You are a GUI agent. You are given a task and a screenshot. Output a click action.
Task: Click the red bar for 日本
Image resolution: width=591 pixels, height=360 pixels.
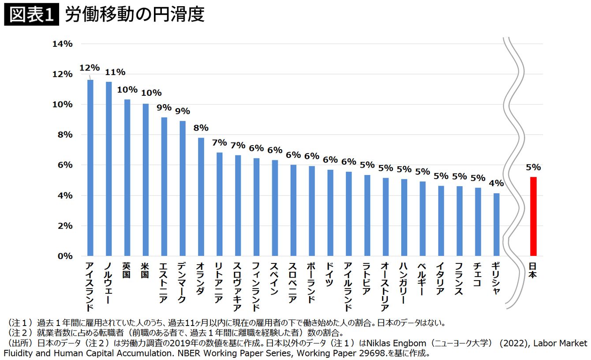pyautogui.click(x=533, y=217)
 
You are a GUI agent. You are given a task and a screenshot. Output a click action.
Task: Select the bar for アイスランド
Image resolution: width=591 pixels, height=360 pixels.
pyautogui.click(x=90, y=168)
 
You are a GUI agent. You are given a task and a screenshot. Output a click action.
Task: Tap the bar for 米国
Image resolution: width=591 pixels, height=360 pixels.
pyautogui.click(x=146, y=180)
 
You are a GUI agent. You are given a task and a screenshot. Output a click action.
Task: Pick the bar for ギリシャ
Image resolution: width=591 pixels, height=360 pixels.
pyautogui.click(x=496, y=225)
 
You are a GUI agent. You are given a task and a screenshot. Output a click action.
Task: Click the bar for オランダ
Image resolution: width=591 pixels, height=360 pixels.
pyautogui.click(x=201, y=197)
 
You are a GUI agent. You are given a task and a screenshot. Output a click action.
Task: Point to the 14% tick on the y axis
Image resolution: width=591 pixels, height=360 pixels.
pyautogui.click(x=63, y=44)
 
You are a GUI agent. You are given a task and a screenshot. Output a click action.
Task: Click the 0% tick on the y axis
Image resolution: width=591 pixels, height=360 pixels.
pyautogui.click(x=65, y=256)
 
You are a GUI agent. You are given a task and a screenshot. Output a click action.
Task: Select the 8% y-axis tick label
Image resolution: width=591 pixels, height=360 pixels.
pyautogui.click(x=65, y=135)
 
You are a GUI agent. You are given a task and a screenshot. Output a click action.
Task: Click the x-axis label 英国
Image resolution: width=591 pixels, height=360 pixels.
pyautogui.click(x=127, y=270)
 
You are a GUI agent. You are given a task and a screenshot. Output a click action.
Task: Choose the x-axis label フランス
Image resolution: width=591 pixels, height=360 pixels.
pyautogui.click(x=459, y=278)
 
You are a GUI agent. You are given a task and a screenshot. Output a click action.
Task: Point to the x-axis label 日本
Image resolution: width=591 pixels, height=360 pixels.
pyautogui.click(x=533, y=270)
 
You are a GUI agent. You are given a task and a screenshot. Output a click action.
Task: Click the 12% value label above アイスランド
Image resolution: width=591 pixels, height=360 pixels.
pyautogui.click(x=90, y=68)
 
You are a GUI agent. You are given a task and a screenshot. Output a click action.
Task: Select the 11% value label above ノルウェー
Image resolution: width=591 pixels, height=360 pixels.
pyautogui.click(x=115, y=72)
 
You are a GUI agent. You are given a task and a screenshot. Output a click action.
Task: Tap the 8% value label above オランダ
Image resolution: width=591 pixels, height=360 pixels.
pyautogui.click(x=201, y=128)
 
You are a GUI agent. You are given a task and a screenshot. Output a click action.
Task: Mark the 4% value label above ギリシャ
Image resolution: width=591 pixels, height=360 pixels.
pyautogui.click(x=496, y=183)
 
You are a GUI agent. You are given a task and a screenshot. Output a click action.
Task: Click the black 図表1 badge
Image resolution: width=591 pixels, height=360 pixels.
pyautogui.click(x=31, y=14)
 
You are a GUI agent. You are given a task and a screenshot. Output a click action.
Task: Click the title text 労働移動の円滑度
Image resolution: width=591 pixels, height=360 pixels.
pyautogui.click(x=135, y=14)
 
